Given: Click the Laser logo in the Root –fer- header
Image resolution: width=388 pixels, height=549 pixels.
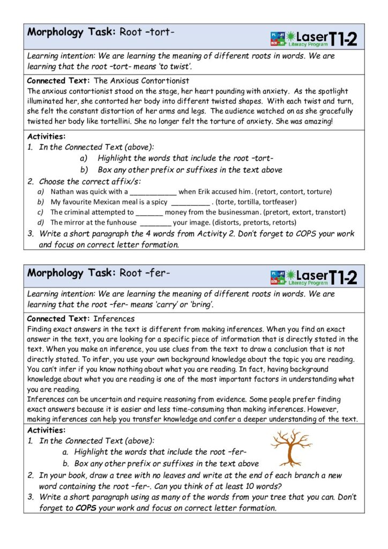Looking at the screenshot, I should point(313,277).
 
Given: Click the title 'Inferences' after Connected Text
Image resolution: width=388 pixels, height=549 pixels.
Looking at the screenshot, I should point(118,318).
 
